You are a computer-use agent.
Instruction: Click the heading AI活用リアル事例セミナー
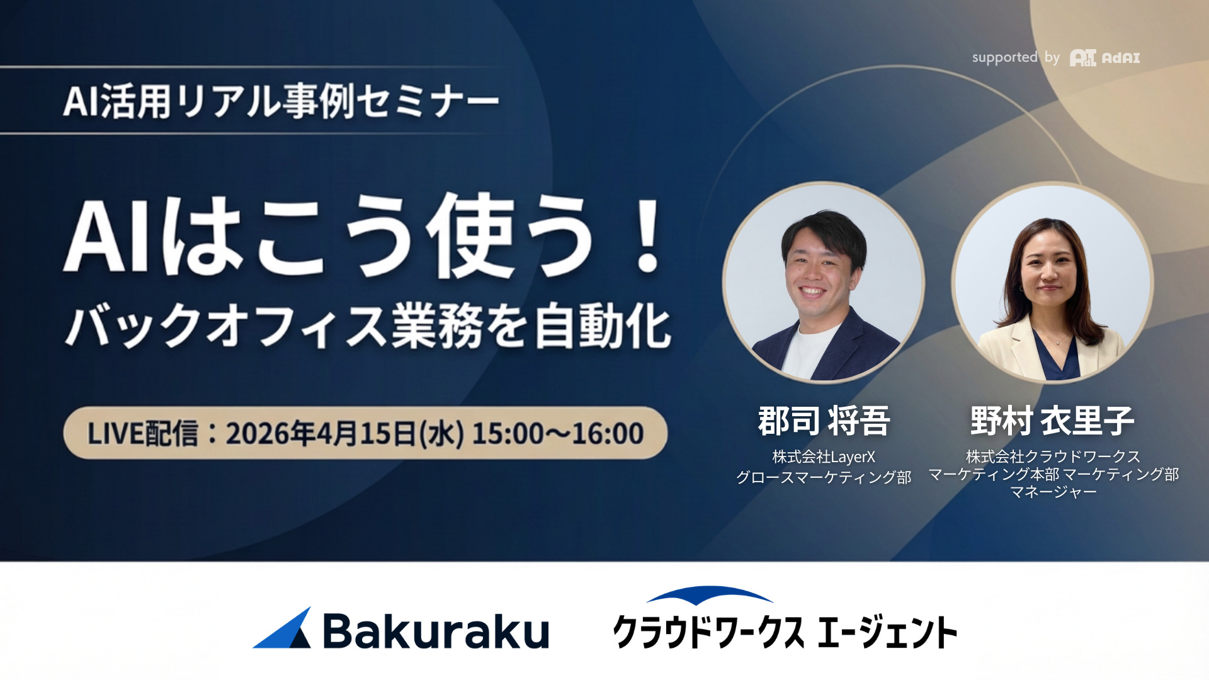[x=281, y=101]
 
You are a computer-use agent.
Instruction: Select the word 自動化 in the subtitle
[x=603, y=326]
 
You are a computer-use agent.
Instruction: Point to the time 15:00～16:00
[x=558, y=434]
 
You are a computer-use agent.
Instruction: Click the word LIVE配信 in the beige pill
[x=143, y=434]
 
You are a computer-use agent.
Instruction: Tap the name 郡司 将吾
[x=824, y=421]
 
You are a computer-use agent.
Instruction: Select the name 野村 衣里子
[x=1052, y=421]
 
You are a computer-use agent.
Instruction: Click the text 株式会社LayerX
[x=824, y=456]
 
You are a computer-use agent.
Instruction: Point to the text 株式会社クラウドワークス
[x=1053, y=456]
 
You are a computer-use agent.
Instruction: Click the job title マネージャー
[x=1053, y=492]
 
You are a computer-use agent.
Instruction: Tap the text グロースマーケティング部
[x=824, y=477]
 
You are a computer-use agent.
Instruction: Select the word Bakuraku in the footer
[x=436, y=631]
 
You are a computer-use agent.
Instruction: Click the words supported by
[x=1016, y=58]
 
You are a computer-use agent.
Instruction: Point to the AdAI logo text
[x=1121, y=58]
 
